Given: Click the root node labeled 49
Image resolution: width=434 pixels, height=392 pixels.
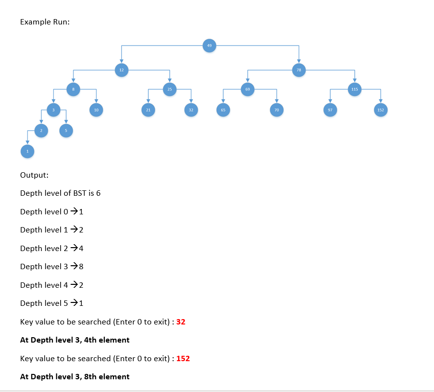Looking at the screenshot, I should click(x=209, y=46).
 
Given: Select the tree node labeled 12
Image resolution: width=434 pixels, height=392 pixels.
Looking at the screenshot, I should click(x=121, y=70).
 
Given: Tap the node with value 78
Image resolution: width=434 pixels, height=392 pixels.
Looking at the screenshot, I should click(x=298, y=70).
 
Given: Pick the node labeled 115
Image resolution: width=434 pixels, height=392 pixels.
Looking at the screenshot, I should click(x=355, y=89).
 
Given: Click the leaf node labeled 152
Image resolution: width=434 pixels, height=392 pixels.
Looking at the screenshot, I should click(x=381, y=110).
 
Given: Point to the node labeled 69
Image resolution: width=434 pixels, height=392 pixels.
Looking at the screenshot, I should click(x=248, y=89).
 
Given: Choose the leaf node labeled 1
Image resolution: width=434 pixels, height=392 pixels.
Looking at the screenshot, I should click(x=27, y=152).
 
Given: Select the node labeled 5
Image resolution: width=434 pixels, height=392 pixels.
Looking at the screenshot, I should click(x=66, y=130).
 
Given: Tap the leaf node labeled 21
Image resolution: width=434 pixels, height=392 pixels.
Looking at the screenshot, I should click(x=148, y=110).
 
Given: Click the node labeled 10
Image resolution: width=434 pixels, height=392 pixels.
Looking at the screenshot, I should click(x=96, y=110).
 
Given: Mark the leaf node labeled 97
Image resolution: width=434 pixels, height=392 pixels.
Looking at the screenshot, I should click(x=330, y=110).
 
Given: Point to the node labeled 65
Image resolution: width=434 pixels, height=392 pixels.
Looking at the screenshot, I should click(x=223, y=110).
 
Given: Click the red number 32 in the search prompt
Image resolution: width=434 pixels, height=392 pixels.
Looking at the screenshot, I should click(x=181, y=322).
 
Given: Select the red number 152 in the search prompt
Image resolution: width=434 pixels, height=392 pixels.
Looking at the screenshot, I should click(x=183, y=359).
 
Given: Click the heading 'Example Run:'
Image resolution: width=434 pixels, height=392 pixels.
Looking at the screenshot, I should click(x=45, y=22).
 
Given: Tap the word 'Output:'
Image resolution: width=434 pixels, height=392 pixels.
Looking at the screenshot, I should click(x=34, y=175).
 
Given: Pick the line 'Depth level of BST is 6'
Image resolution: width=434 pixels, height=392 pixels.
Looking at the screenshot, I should click(x=60, y=193).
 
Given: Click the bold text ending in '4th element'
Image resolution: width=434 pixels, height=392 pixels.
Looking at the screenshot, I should click(x=75, y=340).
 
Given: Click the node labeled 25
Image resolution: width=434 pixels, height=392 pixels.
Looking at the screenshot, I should click(x=169, y=89).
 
